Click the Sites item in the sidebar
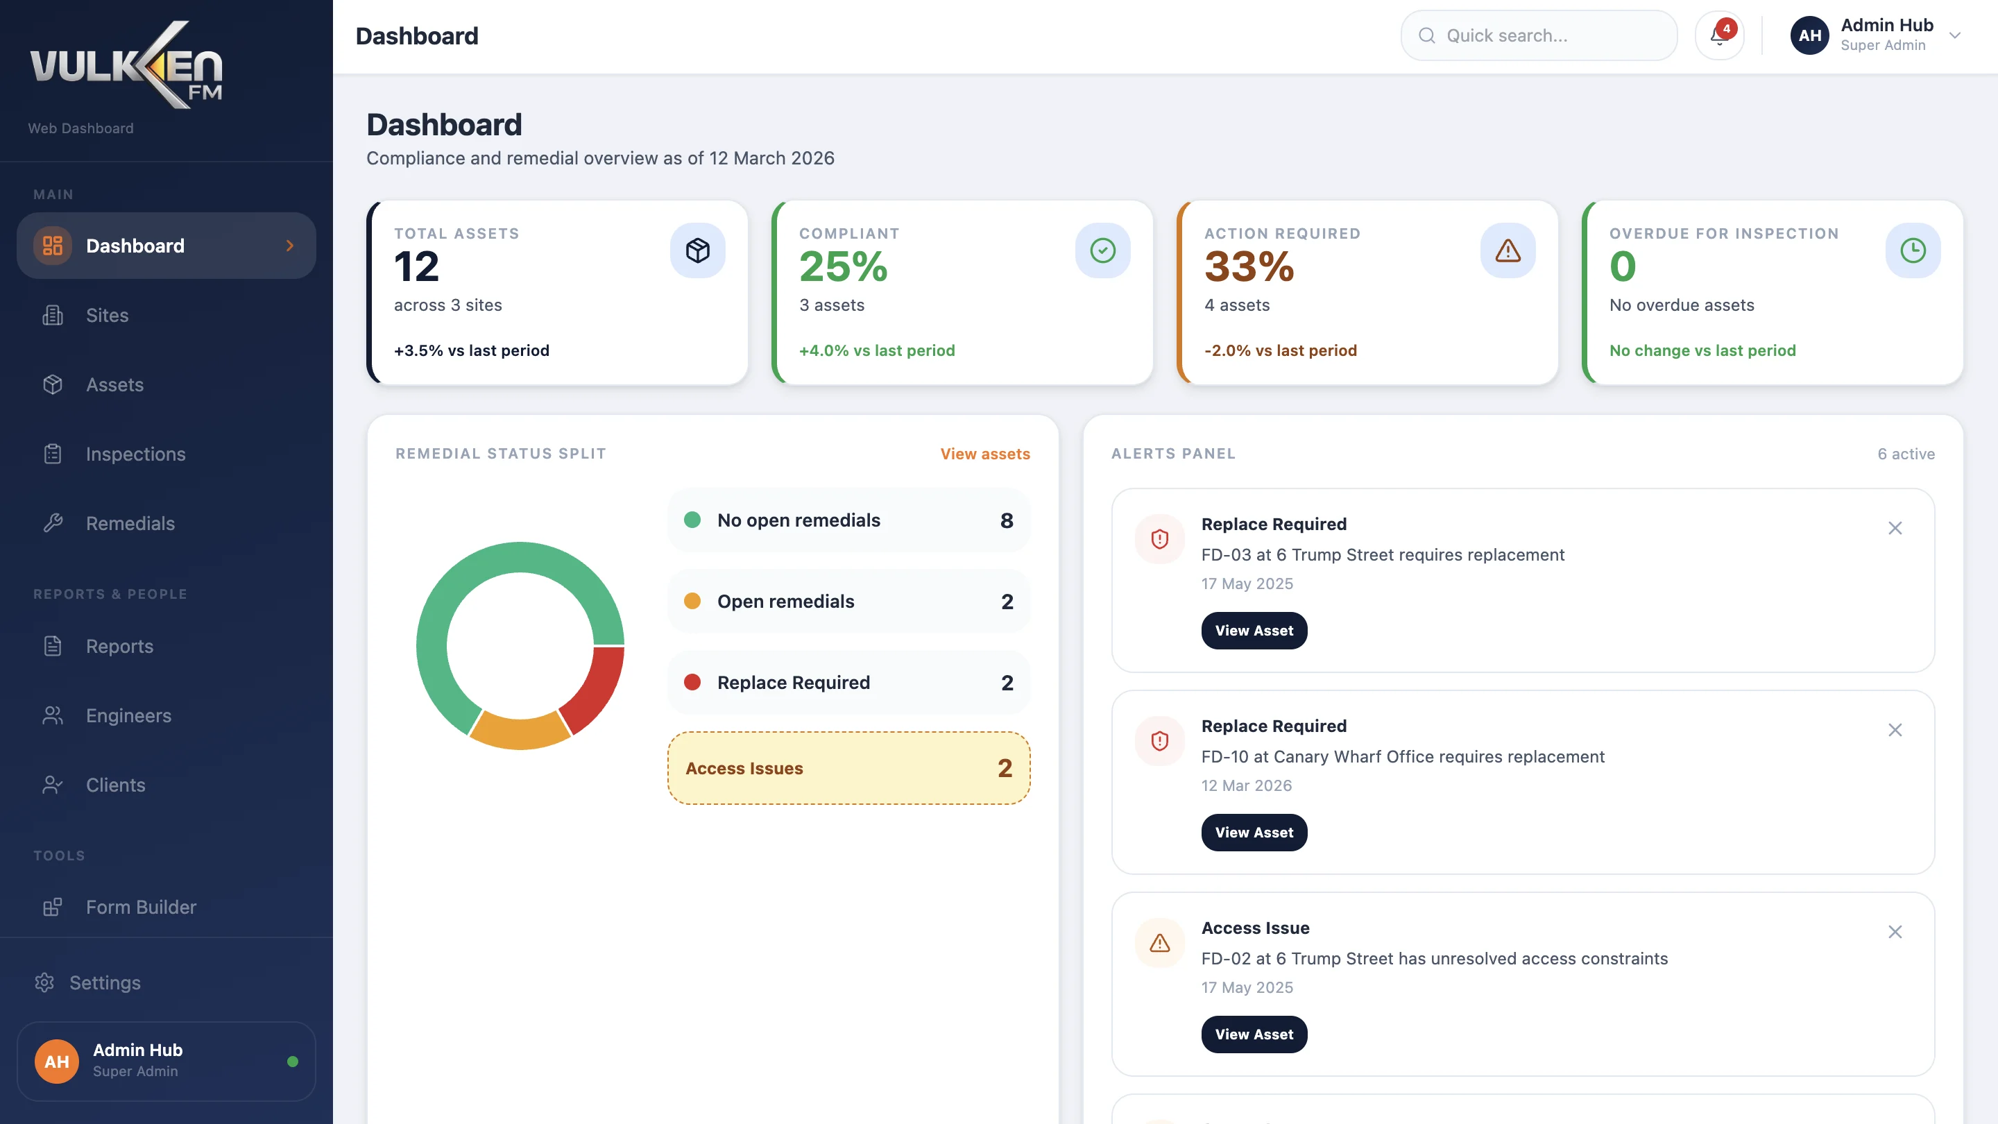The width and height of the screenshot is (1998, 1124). click(107, 316)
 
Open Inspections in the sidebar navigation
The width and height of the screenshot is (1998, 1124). click(135, 454)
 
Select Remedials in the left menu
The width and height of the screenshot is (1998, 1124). click(130, 524)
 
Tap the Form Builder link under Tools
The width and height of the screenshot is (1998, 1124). click(140, 908)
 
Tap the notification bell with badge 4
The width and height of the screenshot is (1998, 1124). click(1719, 35)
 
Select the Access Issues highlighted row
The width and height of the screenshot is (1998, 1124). click(848, 769)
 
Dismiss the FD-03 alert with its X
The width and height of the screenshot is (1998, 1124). click(1895, 528)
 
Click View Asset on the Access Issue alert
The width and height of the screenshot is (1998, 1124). click(1254, 1034)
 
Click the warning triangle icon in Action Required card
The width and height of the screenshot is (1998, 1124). click(1507, 250)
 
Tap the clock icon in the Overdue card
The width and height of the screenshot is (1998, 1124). click(1913, 250)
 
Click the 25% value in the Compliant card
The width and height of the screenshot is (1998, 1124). click(843, 267)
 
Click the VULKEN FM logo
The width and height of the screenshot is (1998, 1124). click(126, 65)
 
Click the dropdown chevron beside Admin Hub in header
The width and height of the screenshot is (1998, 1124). click(1954, 35)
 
